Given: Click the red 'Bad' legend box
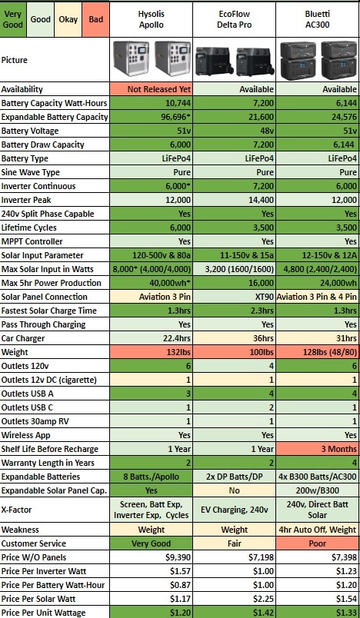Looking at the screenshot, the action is tap(96, 19).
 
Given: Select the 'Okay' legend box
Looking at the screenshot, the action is tap(68, 19).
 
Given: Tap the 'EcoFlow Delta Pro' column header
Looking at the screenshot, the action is tap(234, 19).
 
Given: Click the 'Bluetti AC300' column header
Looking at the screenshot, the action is tap(318, 19).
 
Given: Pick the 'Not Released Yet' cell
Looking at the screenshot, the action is tap(151, 89).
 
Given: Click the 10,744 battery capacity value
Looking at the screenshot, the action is tap(151, 103).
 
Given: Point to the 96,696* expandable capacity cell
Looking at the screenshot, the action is tap(151, 117).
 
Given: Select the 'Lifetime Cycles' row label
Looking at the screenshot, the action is tap(28, 228).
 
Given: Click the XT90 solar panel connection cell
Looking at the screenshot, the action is tap(234, 297).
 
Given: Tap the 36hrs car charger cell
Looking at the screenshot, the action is tap(234, 338).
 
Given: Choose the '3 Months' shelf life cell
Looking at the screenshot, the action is tap(318, 449).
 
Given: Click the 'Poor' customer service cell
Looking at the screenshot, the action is tap(318, 543).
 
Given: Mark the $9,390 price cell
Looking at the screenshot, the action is tap(151, 557).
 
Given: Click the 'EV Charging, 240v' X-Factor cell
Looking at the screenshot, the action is tap(234, 510).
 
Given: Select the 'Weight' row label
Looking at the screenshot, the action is tap(15, 352).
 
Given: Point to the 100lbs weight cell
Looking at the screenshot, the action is tap(234, 352).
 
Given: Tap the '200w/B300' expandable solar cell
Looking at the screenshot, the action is tap(318, 490).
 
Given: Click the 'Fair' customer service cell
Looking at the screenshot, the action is tap(234, 543).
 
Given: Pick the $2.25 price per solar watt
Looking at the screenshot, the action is tap(234, 599).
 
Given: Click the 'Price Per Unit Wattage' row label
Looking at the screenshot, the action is tap(43, 613).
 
